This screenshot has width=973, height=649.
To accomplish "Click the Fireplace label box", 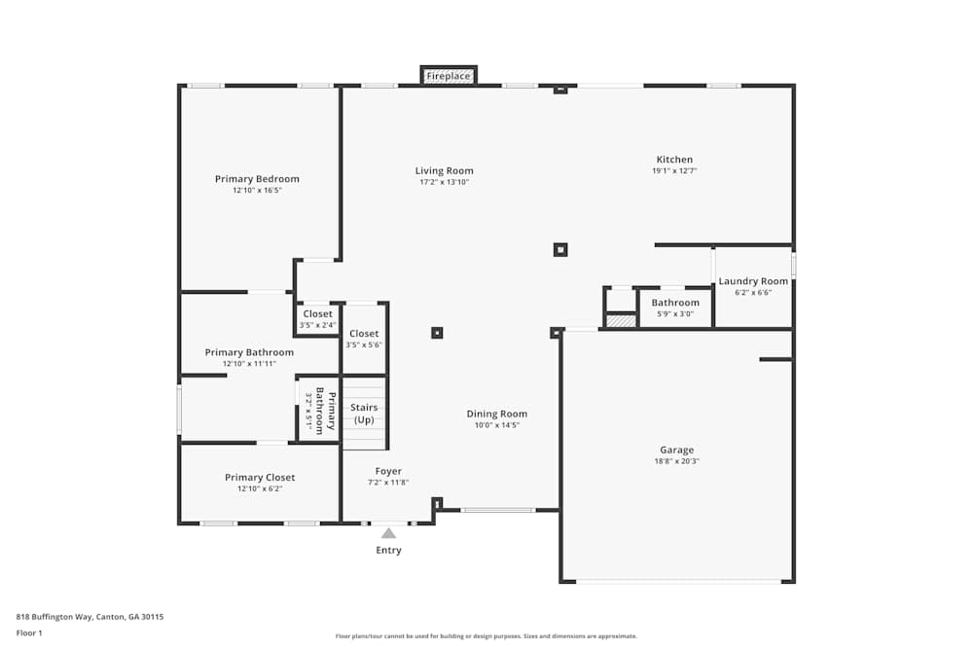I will pyautogui.click(x=449, y=76).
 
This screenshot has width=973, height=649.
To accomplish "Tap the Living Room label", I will pyautogui.click(x=444, y=171).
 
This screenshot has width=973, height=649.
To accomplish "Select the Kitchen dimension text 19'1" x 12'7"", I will pyautogui.click(x=674, y=171).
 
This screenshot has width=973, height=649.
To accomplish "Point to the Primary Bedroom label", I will pyautogui.click(x=257, y=179).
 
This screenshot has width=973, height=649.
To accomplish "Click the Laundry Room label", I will pyautogui.click(x=753, y=281).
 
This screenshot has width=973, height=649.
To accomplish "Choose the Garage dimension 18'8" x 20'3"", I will pyautogui.click(x=677, y=461).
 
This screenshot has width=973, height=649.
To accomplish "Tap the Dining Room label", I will pyautogui.click(x=496, y=415).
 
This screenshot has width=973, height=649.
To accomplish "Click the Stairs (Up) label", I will pyautogui.click(x=364, y=414).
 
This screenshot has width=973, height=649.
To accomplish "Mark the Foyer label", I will pyautogui.click(x=388, y=471).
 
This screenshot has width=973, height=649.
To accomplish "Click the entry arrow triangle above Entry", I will pyautogui.click(x=388, y=532).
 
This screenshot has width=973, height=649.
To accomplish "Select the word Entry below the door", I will pyautogui.click(x=388, y=551).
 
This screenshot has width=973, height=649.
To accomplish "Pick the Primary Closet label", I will pyautogui.click(x=260, y=478).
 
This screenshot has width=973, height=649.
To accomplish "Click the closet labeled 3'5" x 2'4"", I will pyautogui.click(x=317, y=318).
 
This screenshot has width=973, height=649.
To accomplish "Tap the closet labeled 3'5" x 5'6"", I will pyautogui.click(x=364, y=339).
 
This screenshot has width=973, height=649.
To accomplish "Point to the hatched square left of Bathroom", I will pyautogui.click(x=620, y=320).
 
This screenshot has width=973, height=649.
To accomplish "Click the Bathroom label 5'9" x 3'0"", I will pyautogui.click(x=675, y=307).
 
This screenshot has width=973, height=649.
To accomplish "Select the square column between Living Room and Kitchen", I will pyautogui.click(x=560, y=250).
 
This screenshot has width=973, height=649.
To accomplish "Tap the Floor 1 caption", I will pyautogui.click(x=29, y=632).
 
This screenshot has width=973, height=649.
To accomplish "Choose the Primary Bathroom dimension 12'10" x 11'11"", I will pyautogui.click(x=249, y=364).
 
